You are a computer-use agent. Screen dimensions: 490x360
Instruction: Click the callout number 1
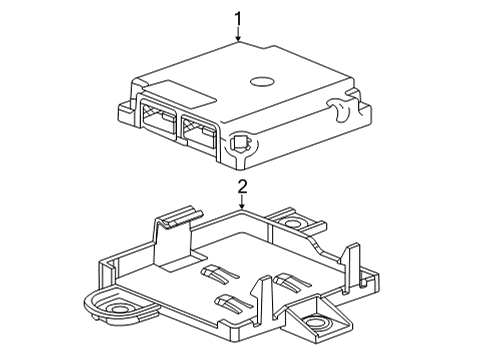[238, 19]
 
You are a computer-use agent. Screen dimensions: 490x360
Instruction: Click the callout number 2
[242, 187]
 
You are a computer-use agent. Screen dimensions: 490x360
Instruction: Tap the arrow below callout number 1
[238, 35]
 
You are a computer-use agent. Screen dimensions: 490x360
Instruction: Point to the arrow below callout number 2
[242, 202]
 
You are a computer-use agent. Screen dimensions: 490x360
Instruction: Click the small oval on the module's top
[262, 81]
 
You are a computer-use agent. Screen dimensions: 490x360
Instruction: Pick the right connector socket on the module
[199, 132]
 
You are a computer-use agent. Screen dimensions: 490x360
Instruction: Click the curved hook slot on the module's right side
[339, 109]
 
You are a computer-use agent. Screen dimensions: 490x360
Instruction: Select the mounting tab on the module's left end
[126, 112]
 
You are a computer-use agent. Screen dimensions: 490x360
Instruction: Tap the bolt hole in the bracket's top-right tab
[292, 222]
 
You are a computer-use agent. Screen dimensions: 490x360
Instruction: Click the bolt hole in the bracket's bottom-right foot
[315, 323]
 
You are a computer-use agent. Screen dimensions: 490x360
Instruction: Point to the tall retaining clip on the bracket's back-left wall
[174, 237]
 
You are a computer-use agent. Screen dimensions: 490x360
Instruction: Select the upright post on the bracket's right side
[350, 267]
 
